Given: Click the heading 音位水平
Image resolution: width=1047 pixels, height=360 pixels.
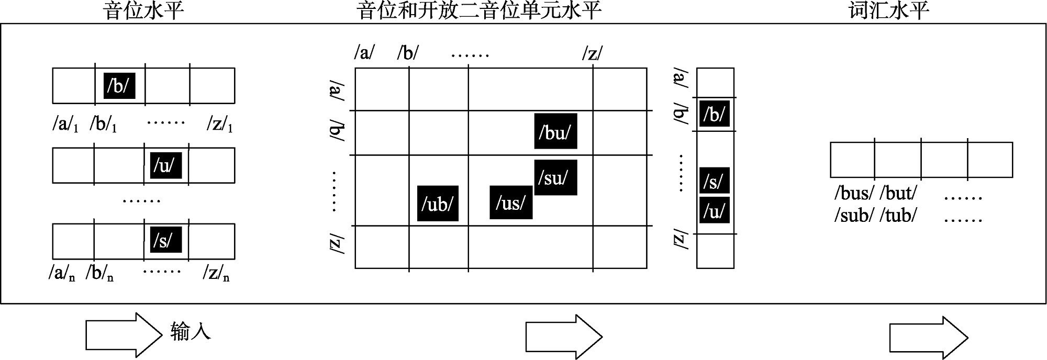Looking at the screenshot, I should point(144,11).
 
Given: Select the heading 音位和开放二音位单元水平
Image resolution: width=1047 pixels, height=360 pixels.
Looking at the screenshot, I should point(479,11).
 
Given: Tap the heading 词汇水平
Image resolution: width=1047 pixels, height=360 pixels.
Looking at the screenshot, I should point(888,11).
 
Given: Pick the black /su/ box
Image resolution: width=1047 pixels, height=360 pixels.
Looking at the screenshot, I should point(555,177).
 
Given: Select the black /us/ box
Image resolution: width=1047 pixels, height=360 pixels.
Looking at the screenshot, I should point(511,202).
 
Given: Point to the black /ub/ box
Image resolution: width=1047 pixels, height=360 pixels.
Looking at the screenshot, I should point(438,203).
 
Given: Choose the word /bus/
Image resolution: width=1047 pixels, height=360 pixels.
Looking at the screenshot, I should point(854,194).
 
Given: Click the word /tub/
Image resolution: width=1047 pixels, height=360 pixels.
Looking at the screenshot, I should point(899,215).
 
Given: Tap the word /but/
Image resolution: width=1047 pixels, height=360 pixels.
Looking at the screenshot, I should point(899,194).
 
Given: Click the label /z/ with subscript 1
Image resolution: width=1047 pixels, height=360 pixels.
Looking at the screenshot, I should point(220,125).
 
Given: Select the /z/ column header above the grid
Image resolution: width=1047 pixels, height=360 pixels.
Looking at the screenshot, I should point(593,53).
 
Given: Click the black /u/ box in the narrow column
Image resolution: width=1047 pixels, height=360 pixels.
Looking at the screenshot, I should point(715,210).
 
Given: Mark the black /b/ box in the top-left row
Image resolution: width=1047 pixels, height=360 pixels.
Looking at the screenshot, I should point(119,85).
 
